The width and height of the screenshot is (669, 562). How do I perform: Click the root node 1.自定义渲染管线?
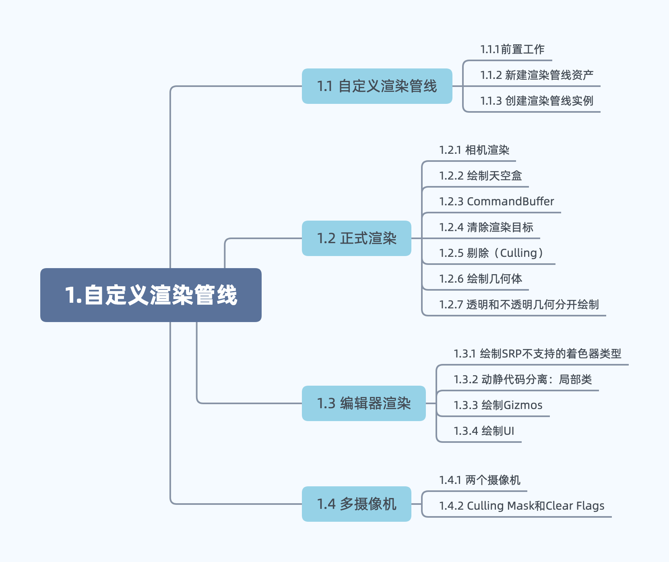point(151,295)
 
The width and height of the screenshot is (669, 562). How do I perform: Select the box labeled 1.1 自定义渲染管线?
point(377,86)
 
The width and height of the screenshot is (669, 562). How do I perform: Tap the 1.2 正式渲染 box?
point(356,238)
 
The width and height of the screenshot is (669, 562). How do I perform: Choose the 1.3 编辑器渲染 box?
point(363,403)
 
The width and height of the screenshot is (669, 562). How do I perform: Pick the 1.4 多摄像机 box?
point(356,504)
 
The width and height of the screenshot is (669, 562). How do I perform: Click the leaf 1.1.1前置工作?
point(512,50)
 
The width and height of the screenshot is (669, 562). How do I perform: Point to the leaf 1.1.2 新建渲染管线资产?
point(537,75)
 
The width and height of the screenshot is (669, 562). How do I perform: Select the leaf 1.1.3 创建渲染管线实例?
point(537,101)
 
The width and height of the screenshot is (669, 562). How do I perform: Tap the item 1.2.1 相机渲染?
point(474,150)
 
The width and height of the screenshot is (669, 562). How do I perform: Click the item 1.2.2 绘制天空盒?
point(480,176)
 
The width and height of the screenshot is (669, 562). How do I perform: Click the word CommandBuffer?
point(510,202)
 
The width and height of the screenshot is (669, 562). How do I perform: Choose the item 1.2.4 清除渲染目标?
point(486,227)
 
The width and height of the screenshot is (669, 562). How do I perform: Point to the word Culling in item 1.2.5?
point(518,253)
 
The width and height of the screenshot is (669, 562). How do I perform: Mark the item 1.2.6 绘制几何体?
point(480,279)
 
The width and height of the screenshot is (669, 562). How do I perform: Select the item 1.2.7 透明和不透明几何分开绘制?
point(519,305)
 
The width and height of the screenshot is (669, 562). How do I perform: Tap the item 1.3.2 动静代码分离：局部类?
point(522,380)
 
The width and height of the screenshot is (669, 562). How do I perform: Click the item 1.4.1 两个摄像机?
point(479,480)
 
